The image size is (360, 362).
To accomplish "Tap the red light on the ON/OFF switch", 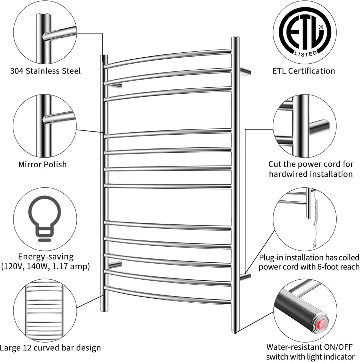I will point(321,325).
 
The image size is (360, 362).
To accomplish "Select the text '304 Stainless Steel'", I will point(45,71).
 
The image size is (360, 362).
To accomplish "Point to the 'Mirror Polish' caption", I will point(42,164).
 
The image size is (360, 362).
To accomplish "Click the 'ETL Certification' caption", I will point(303,71).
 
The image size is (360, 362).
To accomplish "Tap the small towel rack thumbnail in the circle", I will point(45,310).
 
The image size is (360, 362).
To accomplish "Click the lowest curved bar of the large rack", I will point(168,296).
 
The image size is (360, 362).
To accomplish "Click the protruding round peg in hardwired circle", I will point(319,127).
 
